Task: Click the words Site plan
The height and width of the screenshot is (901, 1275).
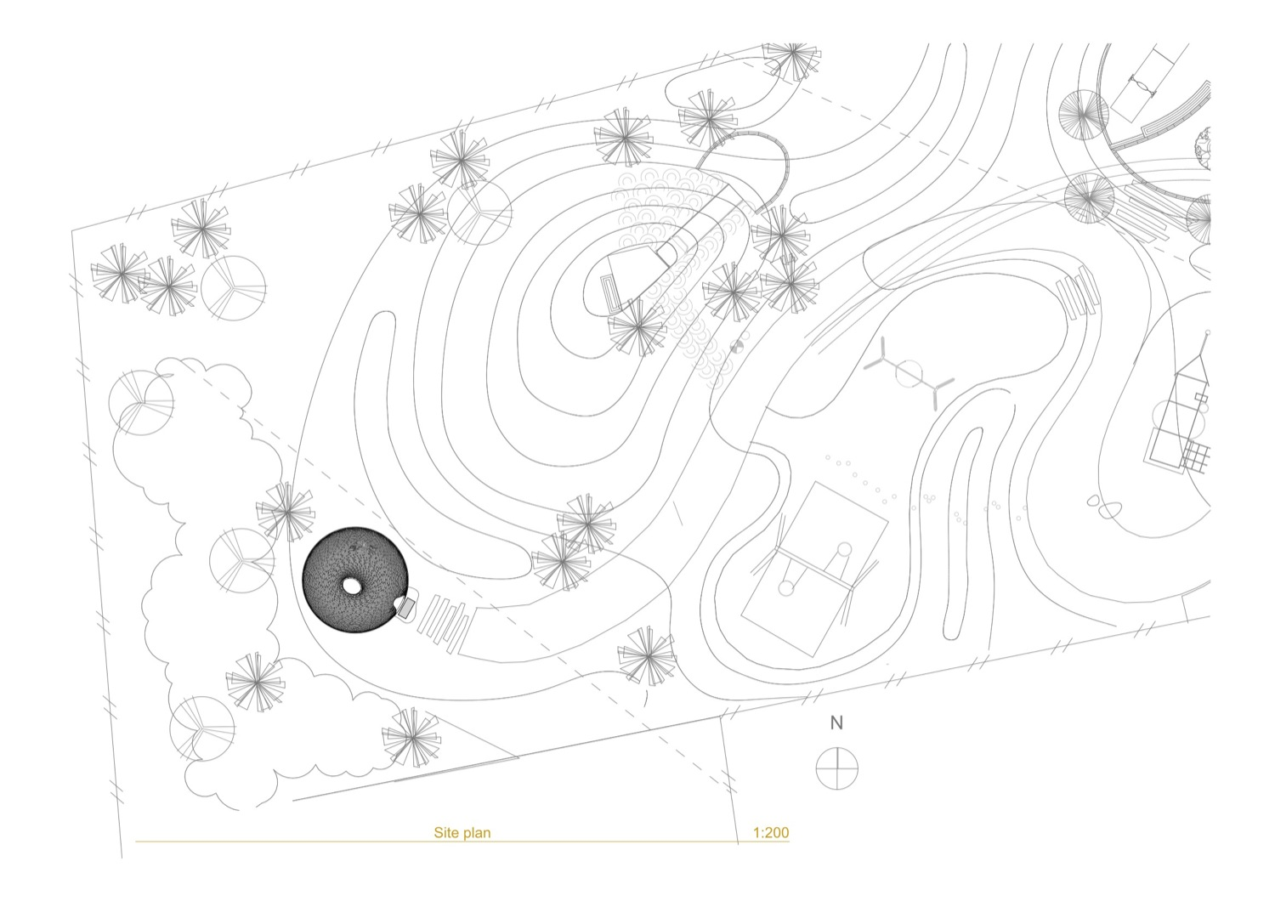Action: pos(462,833)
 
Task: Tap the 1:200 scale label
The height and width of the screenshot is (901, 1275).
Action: pos(771,833)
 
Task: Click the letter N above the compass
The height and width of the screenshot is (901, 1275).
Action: pos(836,723)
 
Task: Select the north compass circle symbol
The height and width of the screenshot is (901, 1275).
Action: pos(836,768)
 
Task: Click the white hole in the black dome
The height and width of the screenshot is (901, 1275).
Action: pos(353,586)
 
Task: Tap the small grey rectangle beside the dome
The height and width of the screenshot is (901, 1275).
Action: pos(405,608)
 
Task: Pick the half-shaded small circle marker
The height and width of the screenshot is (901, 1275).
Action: pos(737,346)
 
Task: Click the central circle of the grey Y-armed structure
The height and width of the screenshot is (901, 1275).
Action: pos(909,373)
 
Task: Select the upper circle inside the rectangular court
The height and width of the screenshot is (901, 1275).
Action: pos(844,550)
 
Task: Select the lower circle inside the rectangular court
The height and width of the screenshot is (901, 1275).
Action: pos(786,588)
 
